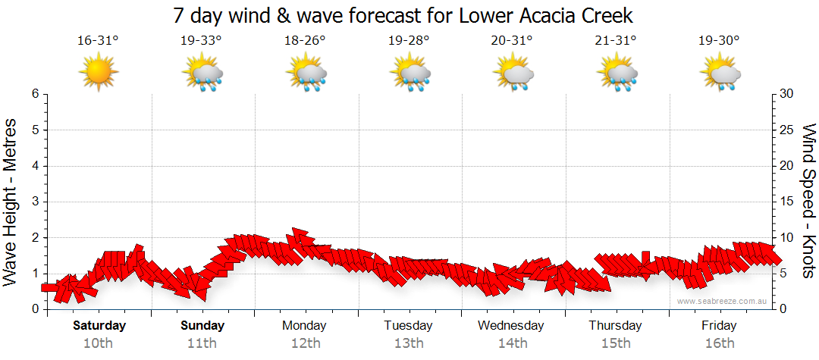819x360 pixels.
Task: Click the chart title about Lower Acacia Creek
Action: pyautogui.click(x=402, y=15)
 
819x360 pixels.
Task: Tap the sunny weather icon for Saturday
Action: pyautogui.click(x=99, y=74)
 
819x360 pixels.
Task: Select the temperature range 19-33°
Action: pyautogui.click(x=201, y=41)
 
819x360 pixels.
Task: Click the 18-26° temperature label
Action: pyautogui.click(x=305, y=41)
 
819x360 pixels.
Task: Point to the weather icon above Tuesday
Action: pyautogui.click(x=410, y=74)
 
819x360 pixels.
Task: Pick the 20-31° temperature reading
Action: pyautogui.click(x=512, y=41)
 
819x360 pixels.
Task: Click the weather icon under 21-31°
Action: pyautogui.click(x=617, y=74)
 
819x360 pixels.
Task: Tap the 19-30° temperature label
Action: pyautogui.click(x=720, y=41)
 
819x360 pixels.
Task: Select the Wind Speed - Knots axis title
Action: pyautogui.click(x=808, y=201)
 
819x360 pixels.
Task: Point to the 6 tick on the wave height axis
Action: pyautogui.click(x=35, y=94)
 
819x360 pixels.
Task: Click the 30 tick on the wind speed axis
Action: pyautogui.click(x=787, y=94)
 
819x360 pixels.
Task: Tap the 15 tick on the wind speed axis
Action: pyautogui.click(x=787, y=202)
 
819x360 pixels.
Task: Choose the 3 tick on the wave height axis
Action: pyautogui.click(x=35, y=202)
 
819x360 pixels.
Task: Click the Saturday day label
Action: pyautogui.click(x=99, y=326)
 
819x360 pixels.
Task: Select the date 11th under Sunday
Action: pyautogui.click(x=202, y=343)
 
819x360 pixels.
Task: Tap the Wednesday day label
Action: pyautogui.click(x=511, y=326)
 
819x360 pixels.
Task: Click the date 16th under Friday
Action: pyautogui.click(x=720, y=343)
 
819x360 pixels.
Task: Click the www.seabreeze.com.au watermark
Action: pyautogui.click(x=723, y=301)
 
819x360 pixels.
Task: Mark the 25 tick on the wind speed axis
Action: pyautogui.click(x=787, y=130)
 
